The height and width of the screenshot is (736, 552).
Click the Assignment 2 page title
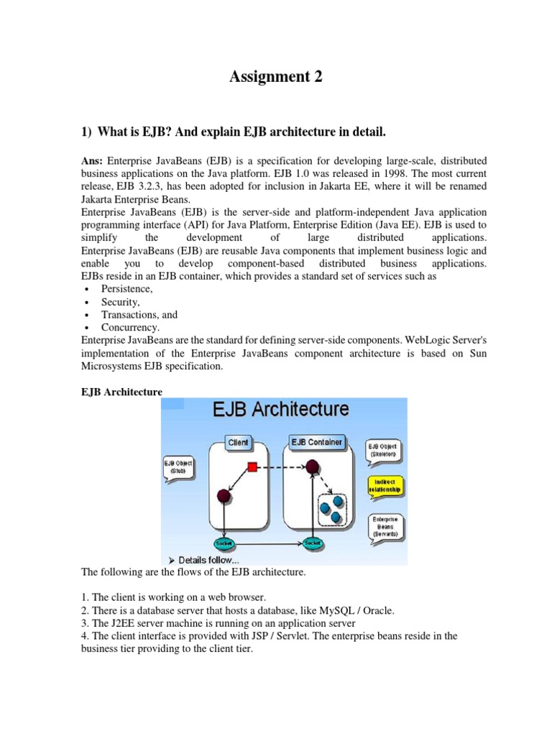coord(276,77)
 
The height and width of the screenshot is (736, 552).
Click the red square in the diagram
coord(252,467)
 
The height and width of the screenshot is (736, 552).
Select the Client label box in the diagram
coord(238,443)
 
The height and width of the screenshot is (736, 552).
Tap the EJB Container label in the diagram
coord(316,442)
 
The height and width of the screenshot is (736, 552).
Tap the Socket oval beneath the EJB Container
coord(312,543)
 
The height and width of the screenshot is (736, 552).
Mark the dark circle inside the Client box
coord(223,496)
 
